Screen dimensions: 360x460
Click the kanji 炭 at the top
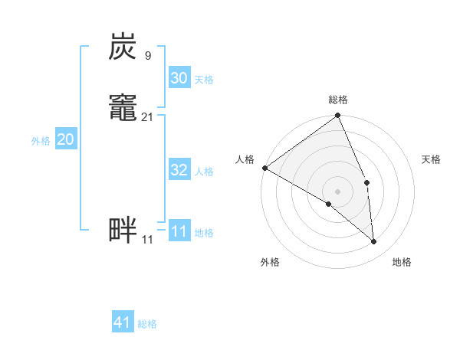coord(123,47)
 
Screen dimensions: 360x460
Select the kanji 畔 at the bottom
coord(123,230)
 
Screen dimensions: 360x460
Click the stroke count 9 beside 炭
coord(147,55)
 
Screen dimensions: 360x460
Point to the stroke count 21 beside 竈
coord(147,117)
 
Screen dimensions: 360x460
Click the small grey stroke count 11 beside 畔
coord(147,240)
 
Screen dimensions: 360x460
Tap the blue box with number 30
coord(179,78)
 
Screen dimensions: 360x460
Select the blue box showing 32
coord(179,170)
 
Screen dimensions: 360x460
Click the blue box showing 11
coord(179,231)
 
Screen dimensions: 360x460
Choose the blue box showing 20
coord(65,139)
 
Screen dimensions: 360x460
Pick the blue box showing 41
coord(123,323)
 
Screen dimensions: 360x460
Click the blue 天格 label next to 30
coord(204,80)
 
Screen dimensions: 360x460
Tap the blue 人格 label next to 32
coord(204,172)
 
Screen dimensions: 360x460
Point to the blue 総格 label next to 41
coord(147,325)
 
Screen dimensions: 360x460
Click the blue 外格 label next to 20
coord(41,141)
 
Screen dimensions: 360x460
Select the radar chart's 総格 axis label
coord(338,100)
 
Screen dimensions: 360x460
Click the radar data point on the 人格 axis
coord(264,168)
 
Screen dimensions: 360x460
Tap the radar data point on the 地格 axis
coord(374,242)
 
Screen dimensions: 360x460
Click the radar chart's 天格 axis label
coord(432,159)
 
